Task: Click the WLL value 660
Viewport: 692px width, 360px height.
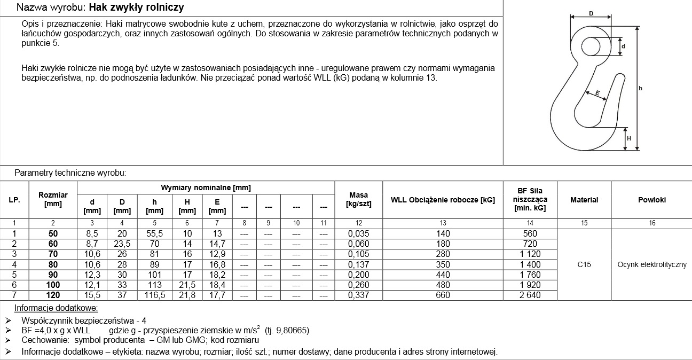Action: point(443,295)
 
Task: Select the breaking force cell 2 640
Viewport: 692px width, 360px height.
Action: point(530,295)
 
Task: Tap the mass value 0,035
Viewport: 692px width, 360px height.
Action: point(358,233)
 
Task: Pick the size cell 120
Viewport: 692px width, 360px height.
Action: point(53,295)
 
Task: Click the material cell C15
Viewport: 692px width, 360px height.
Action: point(584,264)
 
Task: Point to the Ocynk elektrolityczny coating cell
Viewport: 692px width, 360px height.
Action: point(651,264)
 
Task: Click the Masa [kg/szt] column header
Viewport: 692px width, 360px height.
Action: point(358,200)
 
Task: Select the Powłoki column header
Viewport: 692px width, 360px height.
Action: point(651,200)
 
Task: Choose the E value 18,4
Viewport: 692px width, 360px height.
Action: point(217,285)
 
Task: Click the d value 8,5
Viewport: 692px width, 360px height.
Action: point(92,233)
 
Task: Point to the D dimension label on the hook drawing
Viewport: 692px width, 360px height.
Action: point(591,13)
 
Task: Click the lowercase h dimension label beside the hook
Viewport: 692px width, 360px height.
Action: point(640,88)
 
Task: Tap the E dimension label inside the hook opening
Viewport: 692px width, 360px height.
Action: point(597,94)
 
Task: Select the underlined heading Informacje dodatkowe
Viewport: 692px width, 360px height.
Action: point(56,308)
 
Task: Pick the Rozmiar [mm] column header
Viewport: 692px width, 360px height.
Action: point(53,200)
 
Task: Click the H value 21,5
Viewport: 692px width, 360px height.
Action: point(187,285)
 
